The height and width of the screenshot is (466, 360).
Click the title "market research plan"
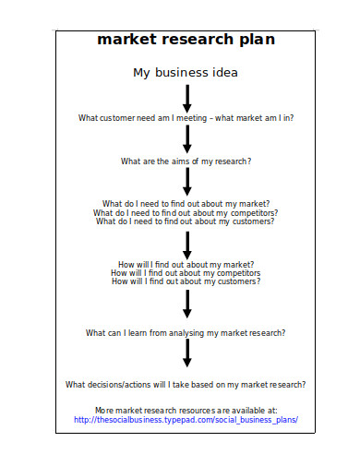click(x=186, y=41)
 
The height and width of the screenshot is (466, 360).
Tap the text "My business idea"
click(x=186, y=72)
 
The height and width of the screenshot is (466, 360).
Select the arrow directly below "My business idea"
click(x=186, y=98)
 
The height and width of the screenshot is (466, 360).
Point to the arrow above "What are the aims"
click(x=186, y=139)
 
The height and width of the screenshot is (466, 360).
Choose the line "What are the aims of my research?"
click(x=186, y=161)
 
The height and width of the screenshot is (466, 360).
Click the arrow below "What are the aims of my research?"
click(x=186, y=181)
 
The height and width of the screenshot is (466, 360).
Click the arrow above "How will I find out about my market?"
click(x=186, y=245)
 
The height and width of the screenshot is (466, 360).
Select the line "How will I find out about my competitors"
click(x=186, y=273)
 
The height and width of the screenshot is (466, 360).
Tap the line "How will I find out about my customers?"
click(x=186, y=281)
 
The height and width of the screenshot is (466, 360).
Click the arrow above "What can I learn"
click(x=186, y=304)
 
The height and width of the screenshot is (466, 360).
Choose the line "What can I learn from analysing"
click(x=186, y=332)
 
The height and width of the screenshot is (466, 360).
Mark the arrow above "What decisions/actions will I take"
click(x=186, y=352)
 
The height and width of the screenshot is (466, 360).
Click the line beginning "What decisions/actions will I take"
click(x=186, y=384)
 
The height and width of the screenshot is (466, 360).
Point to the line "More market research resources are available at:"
click(x=186, y=409)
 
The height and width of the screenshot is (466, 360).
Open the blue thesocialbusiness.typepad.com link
click(x=186, y=419)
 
